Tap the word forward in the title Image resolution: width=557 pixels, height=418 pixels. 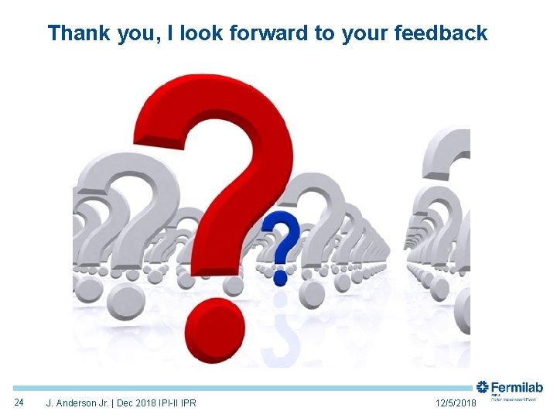[x=269, y=33]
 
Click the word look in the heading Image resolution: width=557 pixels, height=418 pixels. [x=204, y=33]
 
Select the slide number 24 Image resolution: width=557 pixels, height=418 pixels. [x=21, y=402]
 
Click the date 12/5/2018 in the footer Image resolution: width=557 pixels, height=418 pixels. [x=456, y=403]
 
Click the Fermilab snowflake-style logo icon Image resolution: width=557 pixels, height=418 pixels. [x=483, y=387]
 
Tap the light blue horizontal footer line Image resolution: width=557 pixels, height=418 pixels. [x=232, y=388]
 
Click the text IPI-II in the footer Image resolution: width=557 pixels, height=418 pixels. [x=163, y=403]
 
